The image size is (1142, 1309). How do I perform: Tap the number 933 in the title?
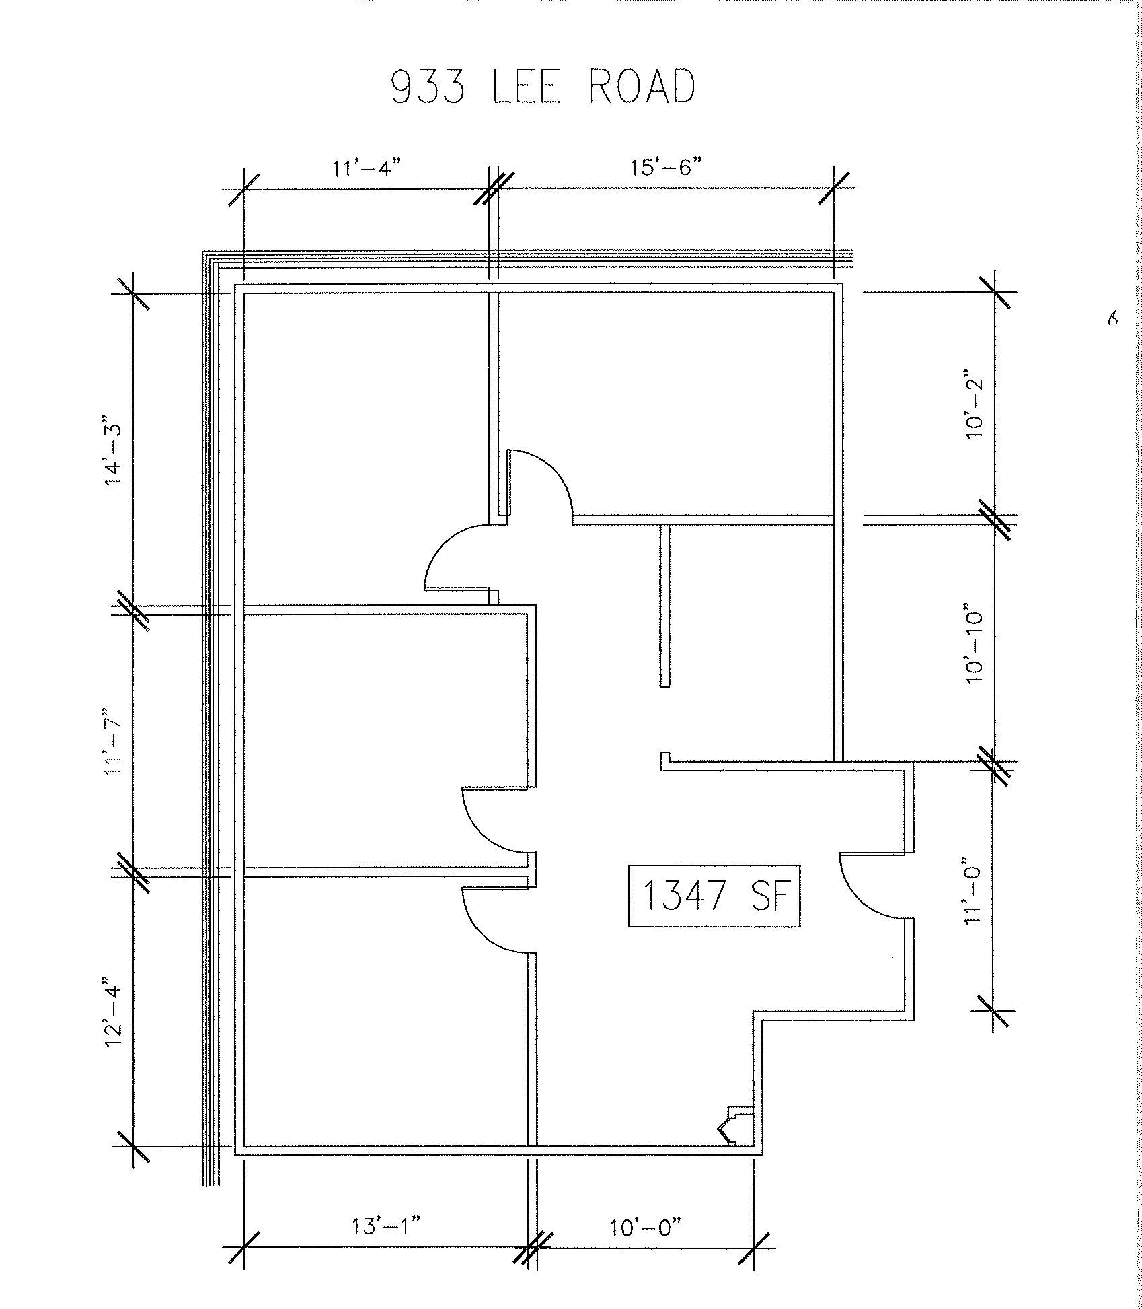pos(428,87)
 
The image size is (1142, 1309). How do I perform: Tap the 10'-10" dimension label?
pos(974,647)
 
